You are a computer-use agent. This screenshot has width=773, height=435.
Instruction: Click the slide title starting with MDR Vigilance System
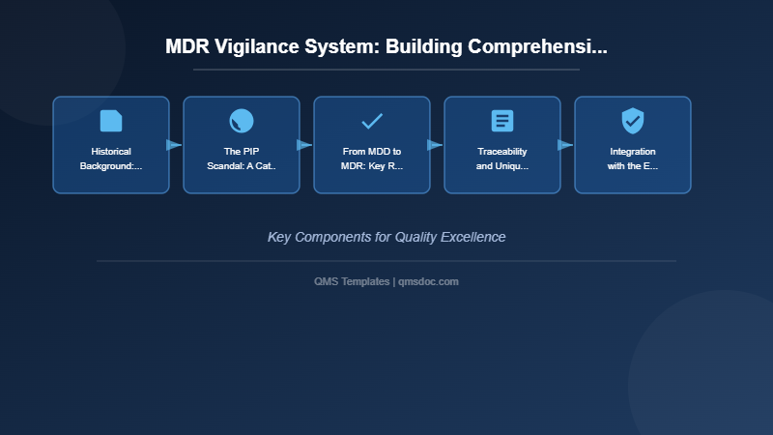coord(386,46)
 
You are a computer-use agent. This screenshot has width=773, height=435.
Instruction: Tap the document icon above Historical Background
coord(111,121)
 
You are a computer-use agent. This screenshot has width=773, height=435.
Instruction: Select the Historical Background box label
coord(111,159)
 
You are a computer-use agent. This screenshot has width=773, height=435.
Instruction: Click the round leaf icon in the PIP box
coord(242,121)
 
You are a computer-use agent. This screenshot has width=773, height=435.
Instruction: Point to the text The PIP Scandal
coord(242,159)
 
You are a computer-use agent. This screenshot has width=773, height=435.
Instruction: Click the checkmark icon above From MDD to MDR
coord(372,121)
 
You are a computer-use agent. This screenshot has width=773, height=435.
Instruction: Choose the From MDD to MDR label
coord(372,159)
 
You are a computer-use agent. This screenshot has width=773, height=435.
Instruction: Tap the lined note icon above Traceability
coord(502,121)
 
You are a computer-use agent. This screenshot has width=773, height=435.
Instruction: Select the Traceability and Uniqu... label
coord(502,159)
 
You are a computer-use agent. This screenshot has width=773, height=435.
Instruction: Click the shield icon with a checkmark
coord(633,121)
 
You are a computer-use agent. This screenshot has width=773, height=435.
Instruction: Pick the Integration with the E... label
coord(633,159)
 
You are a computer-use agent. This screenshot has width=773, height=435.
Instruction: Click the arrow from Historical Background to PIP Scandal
coord(174,145)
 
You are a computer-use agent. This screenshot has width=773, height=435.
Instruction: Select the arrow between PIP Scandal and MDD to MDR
coord(304,145)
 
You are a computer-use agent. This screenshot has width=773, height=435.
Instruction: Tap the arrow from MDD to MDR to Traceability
coord(435,145)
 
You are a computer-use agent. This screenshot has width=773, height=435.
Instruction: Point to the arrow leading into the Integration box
coord(565,145)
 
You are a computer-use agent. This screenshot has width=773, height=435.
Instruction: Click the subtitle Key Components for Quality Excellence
coord(386,237)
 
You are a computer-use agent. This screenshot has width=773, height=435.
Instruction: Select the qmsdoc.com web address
coord(428,281)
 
